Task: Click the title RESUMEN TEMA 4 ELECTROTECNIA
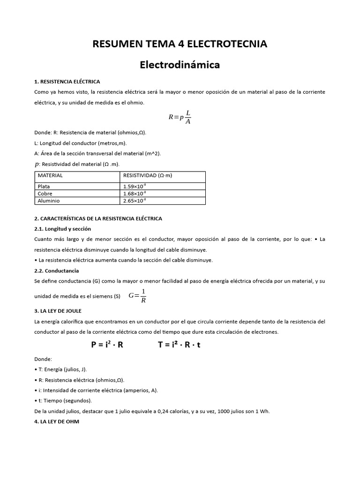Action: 180,44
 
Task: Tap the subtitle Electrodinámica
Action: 180,65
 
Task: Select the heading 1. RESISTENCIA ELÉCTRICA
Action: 67,82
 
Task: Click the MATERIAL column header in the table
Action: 50,175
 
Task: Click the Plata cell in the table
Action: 44,187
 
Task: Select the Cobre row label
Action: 45,194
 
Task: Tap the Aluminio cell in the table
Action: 49,201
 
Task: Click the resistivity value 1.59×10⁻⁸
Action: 135,187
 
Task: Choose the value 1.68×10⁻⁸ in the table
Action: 135,194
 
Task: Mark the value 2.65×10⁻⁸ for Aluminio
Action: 135,201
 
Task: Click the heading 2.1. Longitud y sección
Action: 62,229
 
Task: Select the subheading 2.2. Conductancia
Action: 56,270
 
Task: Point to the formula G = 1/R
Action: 138,296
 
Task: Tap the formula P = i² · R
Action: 107,345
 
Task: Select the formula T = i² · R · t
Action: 179,345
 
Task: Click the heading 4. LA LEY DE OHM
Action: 57,421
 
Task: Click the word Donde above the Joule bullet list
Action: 43,359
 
